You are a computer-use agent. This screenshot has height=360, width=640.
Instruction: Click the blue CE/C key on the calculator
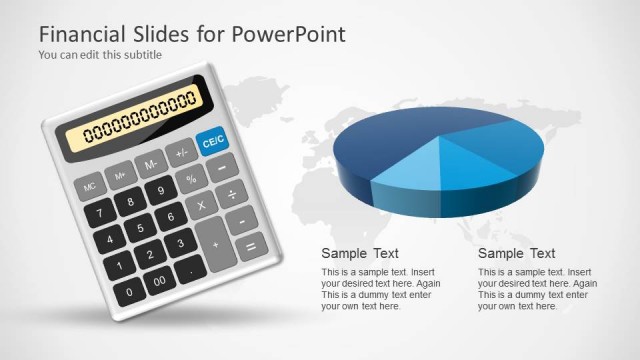click(x=214, y=142)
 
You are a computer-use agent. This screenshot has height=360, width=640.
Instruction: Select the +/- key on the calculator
click(x=181, y=153)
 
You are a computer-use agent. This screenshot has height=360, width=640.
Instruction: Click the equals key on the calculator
click(x=250, y=245)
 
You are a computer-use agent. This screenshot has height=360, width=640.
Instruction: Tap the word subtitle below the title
click(x=141, y=55)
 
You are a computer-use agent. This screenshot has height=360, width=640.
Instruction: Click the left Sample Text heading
click(x=360, y=253)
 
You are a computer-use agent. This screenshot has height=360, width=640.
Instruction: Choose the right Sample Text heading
click(x=516, y=253)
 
